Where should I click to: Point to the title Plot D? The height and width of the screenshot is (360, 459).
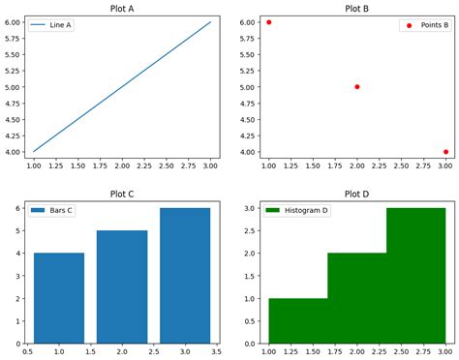click(357, 194)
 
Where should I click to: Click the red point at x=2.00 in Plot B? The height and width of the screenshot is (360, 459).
click(357, 87)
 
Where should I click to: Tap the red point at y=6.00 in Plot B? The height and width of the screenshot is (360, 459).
click(269, 22)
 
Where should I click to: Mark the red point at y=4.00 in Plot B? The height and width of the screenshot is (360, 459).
click(445, 152)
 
